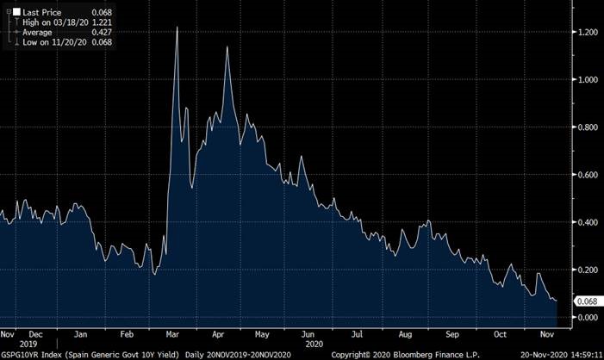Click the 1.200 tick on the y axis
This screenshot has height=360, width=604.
point(588,32)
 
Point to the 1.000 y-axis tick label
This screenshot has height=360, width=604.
point(588,79)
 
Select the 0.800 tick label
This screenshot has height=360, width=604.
point(588,127)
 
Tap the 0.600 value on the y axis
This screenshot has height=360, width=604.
point(588,175)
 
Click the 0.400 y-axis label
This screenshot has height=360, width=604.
point(588,222)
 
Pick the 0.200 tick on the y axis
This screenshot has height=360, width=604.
point(588,270)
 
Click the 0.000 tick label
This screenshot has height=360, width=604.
point(588,317)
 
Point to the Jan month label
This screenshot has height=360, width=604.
point(78,332)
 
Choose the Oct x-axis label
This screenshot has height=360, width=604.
point(499,332)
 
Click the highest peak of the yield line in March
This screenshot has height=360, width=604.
point(177,28)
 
